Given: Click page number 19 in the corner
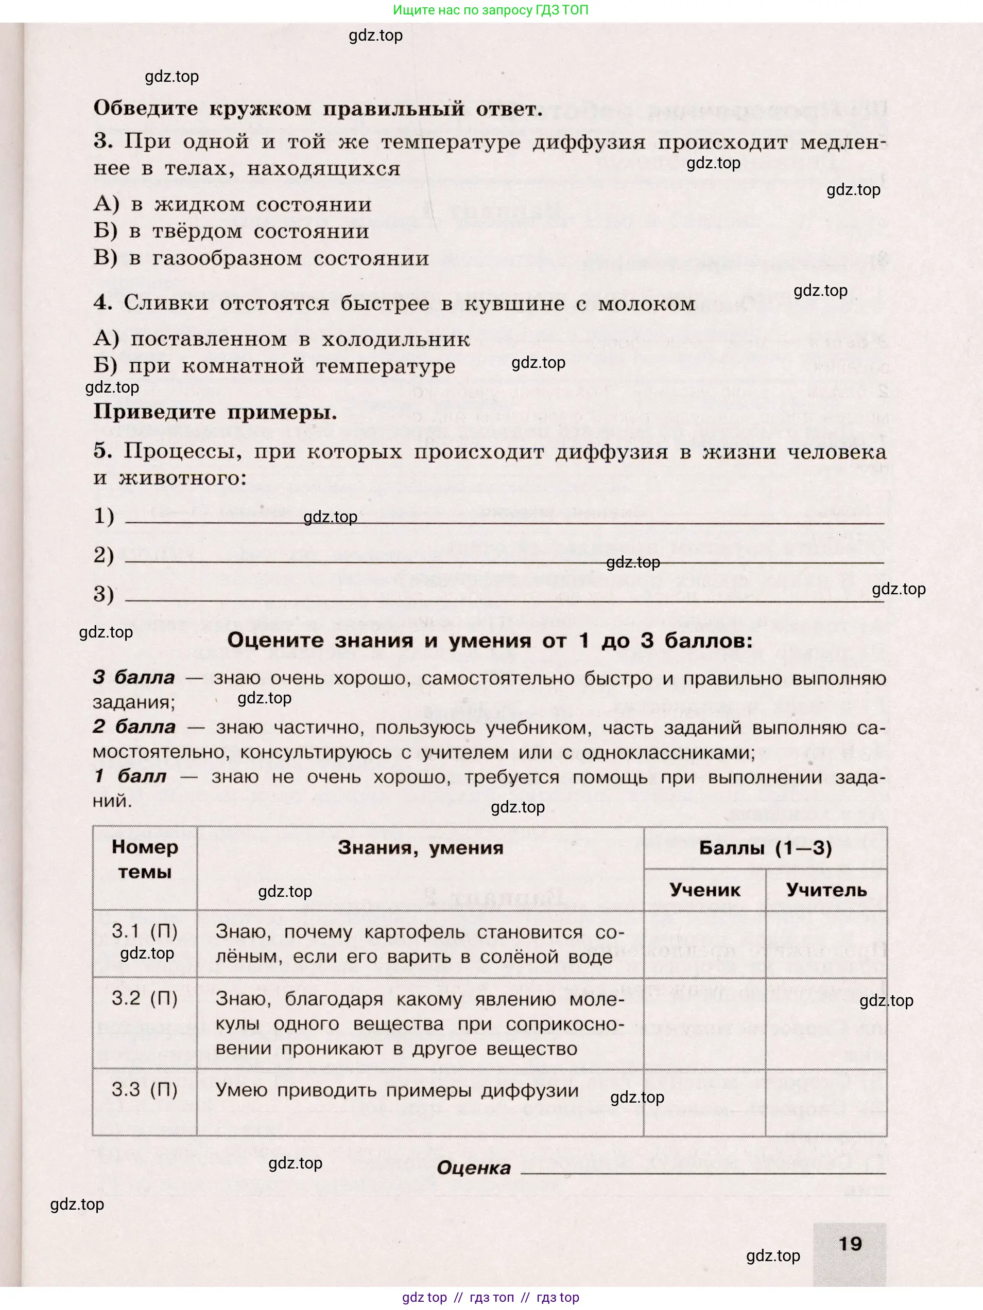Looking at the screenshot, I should (850, 1243).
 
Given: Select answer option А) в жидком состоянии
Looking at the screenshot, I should (232, 204).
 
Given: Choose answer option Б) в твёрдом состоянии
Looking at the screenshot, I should (231, 231).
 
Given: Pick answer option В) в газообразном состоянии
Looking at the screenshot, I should (261, 258).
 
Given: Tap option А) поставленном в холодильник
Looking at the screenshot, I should (282, 340).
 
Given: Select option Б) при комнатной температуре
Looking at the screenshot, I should (274, 366).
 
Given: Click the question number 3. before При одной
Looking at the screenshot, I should (102, 141).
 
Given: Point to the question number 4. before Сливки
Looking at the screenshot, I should (102, 303).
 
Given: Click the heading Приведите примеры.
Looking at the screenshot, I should (215, 412).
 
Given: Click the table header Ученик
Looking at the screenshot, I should (704, 890).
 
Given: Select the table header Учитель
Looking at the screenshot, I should (826, 890).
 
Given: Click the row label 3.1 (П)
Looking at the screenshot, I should (145, 931).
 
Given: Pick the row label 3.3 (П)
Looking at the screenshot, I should (145, 1090).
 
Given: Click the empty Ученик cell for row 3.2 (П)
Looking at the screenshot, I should (704, 1023).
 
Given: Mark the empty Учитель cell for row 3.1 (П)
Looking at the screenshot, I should (826, 944).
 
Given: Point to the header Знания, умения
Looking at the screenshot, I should (420, 848).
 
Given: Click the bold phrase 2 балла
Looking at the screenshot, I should (134, 727).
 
